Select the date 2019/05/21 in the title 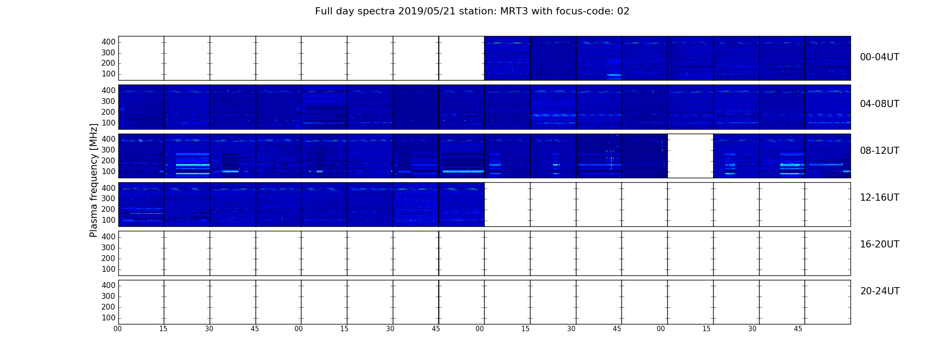point(427,11)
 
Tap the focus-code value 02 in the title point(623,11)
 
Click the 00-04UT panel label point(880,57)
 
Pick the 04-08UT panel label point(880,104)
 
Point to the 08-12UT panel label point(880,151)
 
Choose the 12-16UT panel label point(880,198)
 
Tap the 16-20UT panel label point(880,244)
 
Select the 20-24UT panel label point(880,291)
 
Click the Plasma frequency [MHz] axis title point(94,180)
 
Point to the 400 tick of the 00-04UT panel point(108,42)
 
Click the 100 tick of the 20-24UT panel point(108,318)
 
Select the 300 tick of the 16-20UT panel point(108,247)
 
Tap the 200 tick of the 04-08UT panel point(108,112)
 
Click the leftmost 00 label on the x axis point(117,329)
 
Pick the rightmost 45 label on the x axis point(798,329)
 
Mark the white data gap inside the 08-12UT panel point(690,156)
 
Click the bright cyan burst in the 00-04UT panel point(614,75)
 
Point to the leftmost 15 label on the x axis point(163,329)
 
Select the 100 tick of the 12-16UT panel point(108,220)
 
